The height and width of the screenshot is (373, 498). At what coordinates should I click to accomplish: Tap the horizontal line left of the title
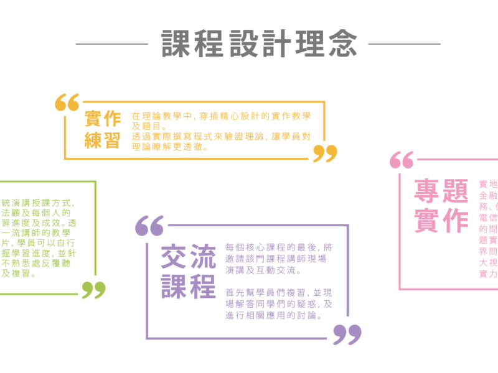tap(112, 44)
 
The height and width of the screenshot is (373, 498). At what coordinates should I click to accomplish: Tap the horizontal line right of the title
tap(404, 44)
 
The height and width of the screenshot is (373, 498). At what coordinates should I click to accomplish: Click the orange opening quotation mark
tap(67, 103)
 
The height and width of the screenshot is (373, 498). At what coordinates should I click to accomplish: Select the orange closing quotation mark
tap(325, 153)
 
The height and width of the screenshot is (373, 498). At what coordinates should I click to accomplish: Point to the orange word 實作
tap(103, 118)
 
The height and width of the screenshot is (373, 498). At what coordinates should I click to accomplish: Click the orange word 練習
tap(103, 140)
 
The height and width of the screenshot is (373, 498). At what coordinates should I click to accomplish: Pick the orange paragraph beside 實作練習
tap(221, 131)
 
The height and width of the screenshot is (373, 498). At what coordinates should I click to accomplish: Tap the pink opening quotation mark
tap(402, 160)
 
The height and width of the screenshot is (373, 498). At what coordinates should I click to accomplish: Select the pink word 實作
tap(441, 221)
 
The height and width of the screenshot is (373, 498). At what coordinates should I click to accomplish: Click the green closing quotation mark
tap(93, 289)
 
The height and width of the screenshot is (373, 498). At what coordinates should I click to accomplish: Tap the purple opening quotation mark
tap(150, 225)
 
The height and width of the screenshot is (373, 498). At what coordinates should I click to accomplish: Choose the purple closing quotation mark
tap(347, 334)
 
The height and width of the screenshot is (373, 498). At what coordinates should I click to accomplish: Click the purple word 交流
tap(188, 256)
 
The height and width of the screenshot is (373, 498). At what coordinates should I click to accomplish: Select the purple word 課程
tap(188, 285)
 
